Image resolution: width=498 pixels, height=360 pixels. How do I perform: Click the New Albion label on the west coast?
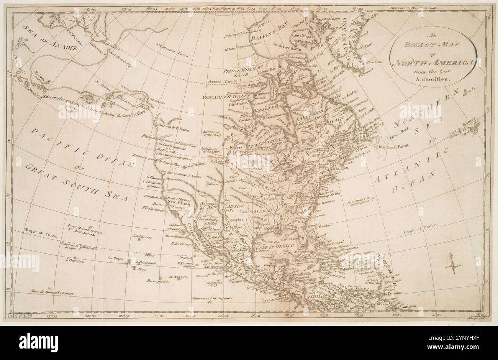pyautogui.click(x=179, y=204)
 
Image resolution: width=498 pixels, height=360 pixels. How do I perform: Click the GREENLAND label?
pyautogui.click(x=352, y=36)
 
